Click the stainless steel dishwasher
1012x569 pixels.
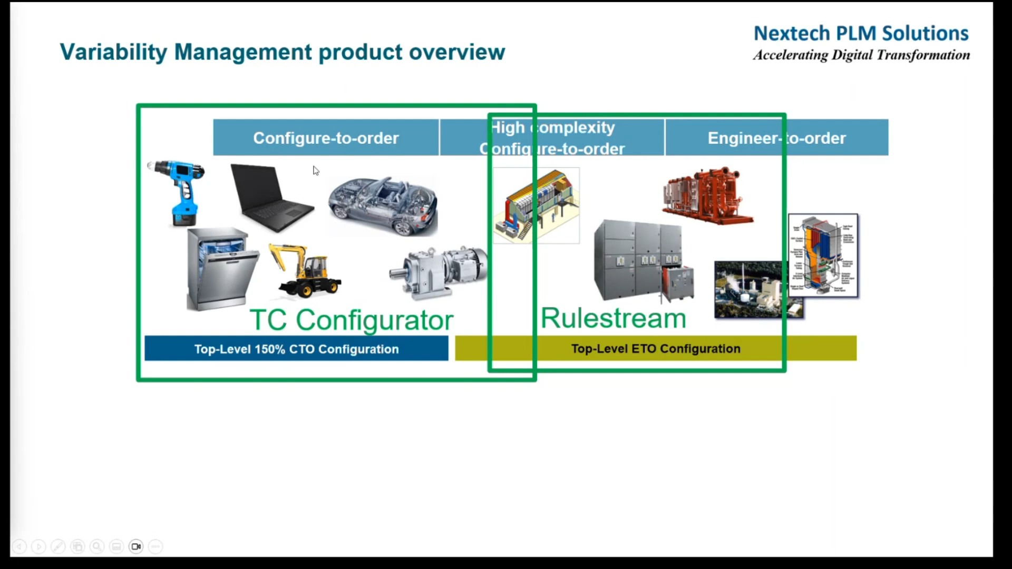point(221,269)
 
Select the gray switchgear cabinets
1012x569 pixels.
point(640,261)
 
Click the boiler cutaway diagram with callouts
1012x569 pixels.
point(823,256)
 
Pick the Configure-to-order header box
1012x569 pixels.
point(326,138)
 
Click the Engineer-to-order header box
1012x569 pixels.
point(776,138)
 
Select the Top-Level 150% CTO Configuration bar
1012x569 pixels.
point(296,349)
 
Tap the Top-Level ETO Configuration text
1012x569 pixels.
point(656,349)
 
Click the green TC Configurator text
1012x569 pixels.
point(351,320)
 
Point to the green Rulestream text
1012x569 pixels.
point(614,318)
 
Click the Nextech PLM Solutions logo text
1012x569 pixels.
point(861,34)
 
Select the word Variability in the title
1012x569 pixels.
point(113,52)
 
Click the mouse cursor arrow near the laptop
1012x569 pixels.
point(316,171)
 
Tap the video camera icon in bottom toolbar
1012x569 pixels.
point(136,546)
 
